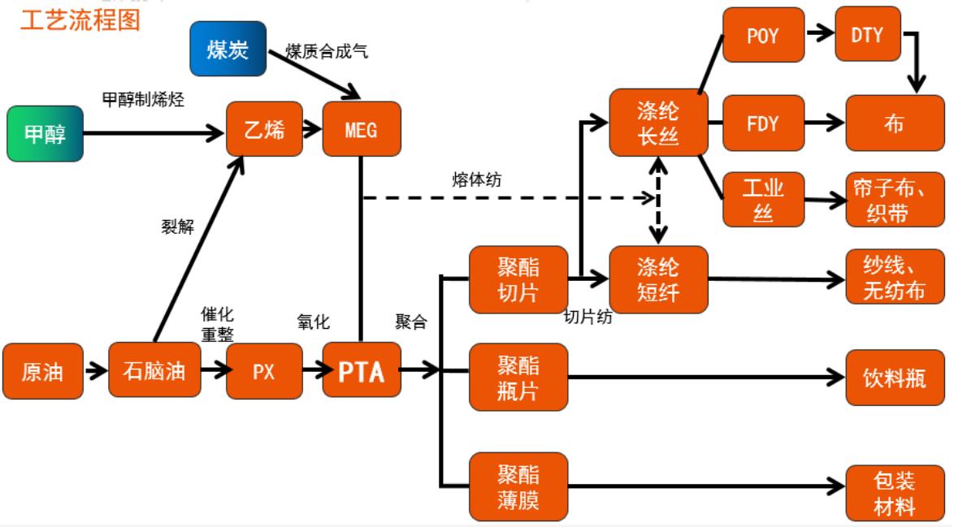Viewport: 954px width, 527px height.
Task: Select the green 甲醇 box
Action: (x=45, y=133)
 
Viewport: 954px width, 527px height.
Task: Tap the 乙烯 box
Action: (x=264, y=128)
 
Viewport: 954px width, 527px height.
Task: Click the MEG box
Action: (x=361, y=128)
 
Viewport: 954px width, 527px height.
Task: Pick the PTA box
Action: (x=361, y=371)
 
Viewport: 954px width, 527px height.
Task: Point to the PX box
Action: (x=264, y=371)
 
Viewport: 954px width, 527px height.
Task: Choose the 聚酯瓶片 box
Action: (x=518, y=371)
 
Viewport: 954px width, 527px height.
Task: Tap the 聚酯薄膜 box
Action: (x=518, y=486)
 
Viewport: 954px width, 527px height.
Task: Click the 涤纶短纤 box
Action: (x=658, y=279)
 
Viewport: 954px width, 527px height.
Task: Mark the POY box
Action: (x=763, y=34)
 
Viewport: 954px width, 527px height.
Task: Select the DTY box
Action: (x=867, y=34)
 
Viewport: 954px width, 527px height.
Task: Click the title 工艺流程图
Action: (x=79, y=20)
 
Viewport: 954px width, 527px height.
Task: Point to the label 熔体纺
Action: (x=476, y=179)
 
